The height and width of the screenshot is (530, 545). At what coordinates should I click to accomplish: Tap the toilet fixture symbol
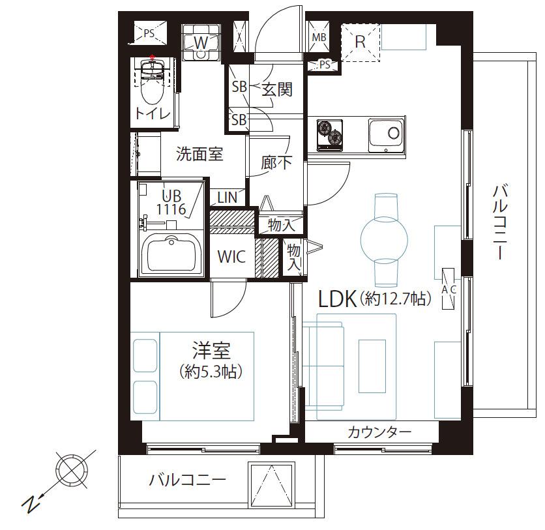153,85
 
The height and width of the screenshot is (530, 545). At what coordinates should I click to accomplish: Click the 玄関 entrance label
276,89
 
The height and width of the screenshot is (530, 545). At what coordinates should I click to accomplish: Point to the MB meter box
319,37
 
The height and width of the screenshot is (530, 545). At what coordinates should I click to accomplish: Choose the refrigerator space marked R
360,42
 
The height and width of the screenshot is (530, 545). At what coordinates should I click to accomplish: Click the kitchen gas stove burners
330,134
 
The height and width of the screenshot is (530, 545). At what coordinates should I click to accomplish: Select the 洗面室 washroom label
200,155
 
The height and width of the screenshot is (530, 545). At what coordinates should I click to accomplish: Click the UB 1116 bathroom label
171,201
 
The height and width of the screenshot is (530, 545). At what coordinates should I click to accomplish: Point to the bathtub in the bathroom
173,254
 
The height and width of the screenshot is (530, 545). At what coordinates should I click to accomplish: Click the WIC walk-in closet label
231,257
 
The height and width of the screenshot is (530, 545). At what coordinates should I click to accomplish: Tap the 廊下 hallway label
276,162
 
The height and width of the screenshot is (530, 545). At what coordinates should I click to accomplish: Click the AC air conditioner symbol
449,287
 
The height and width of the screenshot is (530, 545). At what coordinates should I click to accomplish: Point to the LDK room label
336,299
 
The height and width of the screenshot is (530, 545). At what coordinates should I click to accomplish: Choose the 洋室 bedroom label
211,352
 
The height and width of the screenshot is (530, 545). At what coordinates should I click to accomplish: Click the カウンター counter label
379,432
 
